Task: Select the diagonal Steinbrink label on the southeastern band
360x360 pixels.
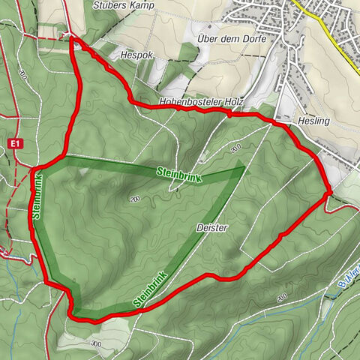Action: pos(150,289)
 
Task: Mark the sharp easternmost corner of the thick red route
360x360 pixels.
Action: pos(329,194)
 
